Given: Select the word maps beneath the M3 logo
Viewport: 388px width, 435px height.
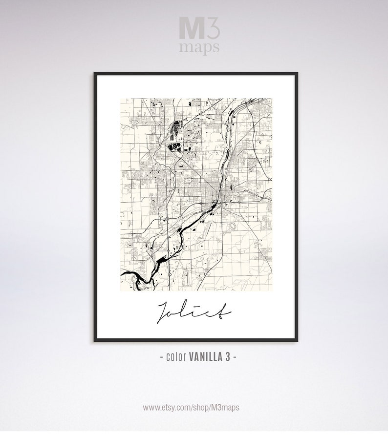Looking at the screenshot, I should [199, 47].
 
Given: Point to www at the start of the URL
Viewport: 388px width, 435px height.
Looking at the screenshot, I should [151, 407].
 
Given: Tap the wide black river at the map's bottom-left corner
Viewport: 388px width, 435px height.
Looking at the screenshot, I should [132, 277].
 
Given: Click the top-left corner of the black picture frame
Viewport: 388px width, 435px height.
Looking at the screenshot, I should [94, 74].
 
